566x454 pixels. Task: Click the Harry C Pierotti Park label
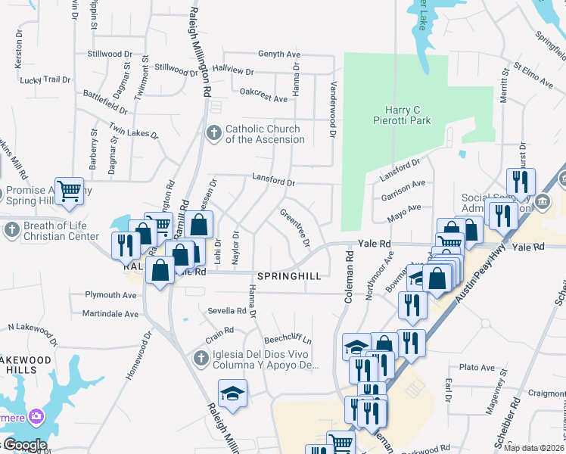click(x=402, y=115)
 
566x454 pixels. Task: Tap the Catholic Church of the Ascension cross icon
click(x=214, y=134)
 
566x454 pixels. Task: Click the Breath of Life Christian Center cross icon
click(x=11, y=230)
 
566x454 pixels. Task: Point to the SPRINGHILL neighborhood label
click(x=290, y=277)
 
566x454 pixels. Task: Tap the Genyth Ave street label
click(x=279, y=54)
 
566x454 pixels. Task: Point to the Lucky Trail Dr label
click(x=45, y=79)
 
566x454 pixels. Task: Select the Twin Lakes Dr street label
click(x=133, y=131)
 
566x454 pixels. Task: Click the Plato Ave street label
click(x=477, y=367)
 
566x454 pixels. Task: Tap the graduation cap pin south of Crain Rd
click(x=232, y=393)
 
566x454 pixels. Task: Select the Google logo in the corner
click(x=25, y=445)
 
